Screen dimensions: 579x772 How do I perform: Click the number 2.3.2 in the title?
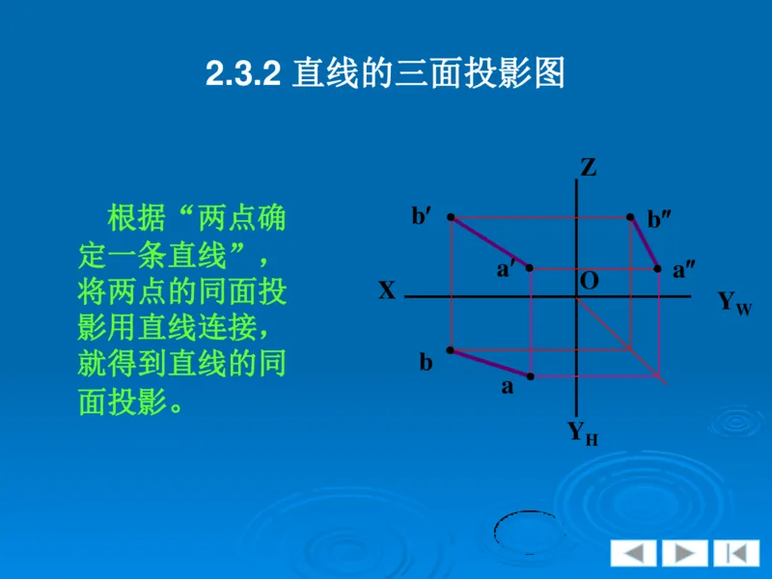click(x=242, y=74)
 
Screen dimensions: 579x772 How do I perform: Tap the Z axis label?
click(x=588, y=168)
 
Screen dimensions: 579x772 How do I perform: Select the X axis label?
click(x=387, y=290)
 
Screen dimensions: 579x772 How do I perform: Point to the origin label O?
click(x=589, y=281)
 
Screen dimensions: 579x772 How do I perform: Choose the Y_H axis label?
click(x=582, y=433)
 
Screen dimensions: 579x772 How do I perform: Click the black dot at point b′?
click(x=451, y=217)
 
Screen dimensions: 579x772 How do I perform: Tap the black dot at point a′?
click(x=530, y=267)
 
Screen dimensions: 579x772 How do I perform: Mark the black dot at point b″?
click(x=630, y=217)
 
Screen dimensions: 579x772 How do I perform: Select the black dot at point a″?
click(x=658, y=268)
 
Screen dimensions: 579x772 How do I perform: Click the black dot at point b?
click(x=451, y=349)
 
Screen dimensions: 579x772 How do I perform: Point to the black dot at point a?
click(x=530, y=374)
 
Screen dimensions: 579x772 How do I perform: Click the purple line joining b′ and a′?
click(x=490, y=242)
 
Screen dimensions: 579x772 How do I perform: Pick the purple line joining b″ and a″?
click(x=645, y=243)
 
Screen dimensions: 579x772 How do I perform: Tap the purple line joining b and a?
click(x=490, y=362)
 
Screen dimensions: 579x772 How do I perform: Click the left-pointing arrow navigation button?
click(x=632, y=553)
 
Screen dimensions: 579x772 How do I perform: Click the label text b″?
click(x=660, y=220)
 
